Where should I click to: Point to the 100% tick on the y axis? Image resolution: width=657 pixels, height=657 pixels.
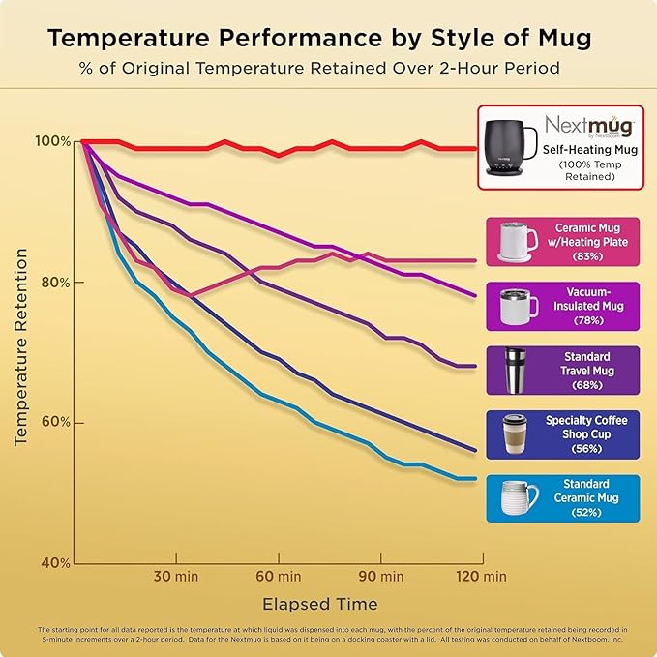[53, 141]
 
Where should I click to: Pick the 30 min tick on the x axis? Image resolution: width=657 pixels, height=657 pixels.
[176, 577]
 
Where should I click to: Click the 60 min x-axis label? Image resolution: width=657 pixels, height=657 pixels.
[279, 577]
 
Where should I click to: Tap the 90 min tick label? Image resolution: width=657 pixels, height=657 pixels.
[380, 577]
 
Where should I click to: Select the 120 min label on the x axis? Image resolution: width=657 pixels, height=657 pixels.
[481, 577]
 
